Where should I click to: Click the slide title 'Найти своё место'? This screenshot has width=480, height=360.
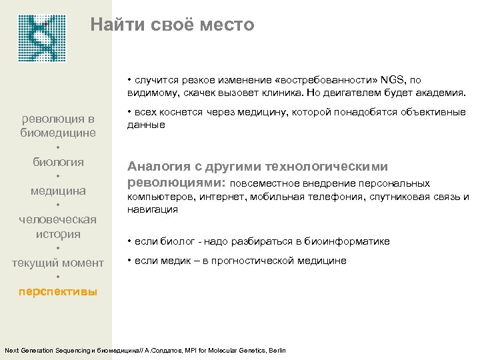pos(173,25)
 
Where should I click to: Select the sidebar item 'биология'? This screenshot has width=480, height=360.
pos(59,162)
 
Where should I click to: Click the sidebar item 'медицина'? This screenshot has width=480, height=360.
pos(58,191)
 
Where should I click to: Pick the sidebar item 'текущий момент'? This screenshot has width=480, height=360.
pos(58,263)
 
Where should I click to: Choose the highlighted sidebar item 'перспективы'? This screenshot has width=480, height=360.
pos(58,292)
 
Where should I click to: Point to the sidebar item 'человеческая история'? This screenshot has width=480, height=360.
pos(58,227)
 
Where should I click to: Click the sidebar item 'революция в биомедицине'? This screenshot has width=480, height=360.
pos(59,126)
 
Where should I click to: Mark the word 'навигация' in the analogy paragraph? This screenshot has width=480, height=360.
pos(153,209)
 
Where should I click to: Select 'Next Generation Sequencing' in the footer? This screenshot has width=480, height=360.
pos(45,351)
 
